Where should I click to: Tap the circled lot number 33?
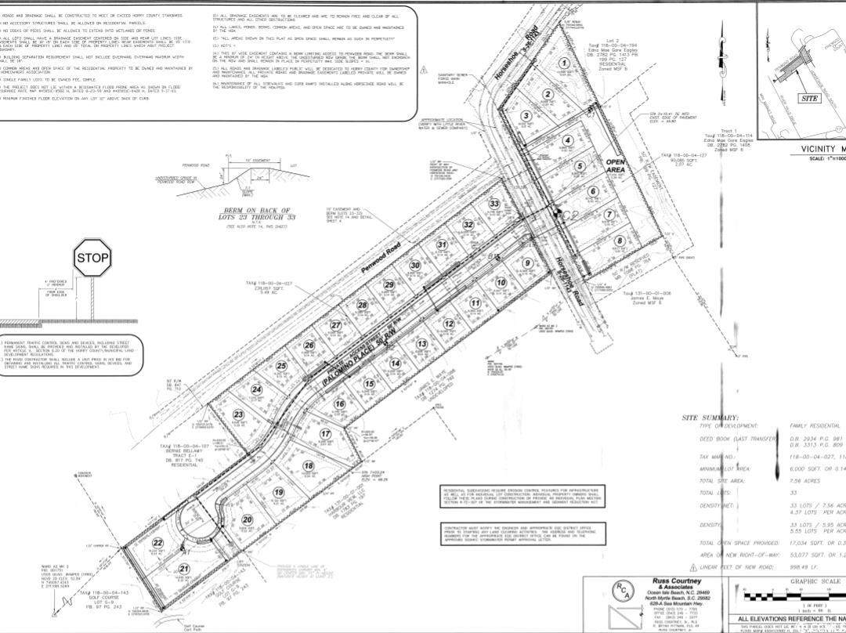pos(494,204)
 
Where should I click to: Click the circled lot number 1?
pos(563,64)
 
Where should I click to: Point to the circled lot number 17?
pos(326,435)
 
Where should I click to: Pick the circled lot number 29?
pos(389,284)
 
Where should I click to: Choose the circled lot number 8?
pos(619,241)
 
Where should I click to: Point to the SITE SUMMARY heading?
pos(710,418)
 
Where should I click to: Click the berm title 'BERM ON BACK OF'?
pos(257,211)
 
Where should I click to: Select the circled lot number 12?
pos(449,324)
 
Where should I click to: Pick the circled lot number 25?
pos(282,365)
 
